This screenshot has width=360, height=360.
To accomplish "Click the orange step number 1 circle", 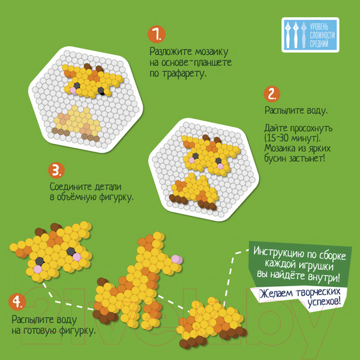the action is [x=157, y=34].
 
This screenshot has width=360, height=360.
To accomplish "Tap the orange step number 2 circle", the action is [x=272, y=94].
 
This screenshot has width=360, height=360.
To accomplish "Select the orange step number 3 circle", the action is [x=56, y=170].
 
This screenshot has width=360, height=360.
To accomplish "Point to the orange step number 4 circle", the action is [x=17, y=302].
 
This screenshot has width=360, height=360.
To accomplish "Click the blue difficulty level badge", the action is [x=310, y=35].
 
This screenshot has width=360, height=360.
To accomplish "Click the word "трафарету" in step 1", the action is [x=183, y=74].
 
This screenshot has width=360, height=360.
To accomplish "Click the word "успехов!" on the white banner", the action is [x=324, y=301].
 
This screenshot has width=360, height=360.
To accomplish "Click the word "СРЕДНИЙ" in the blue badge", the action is [x=319, y=43].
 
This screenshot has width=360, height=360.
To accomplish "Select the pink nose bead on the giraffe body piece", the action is [x=176, y=259].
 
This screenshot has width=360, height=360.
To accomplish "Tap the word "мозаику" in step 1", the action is [x=211, y=52].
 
